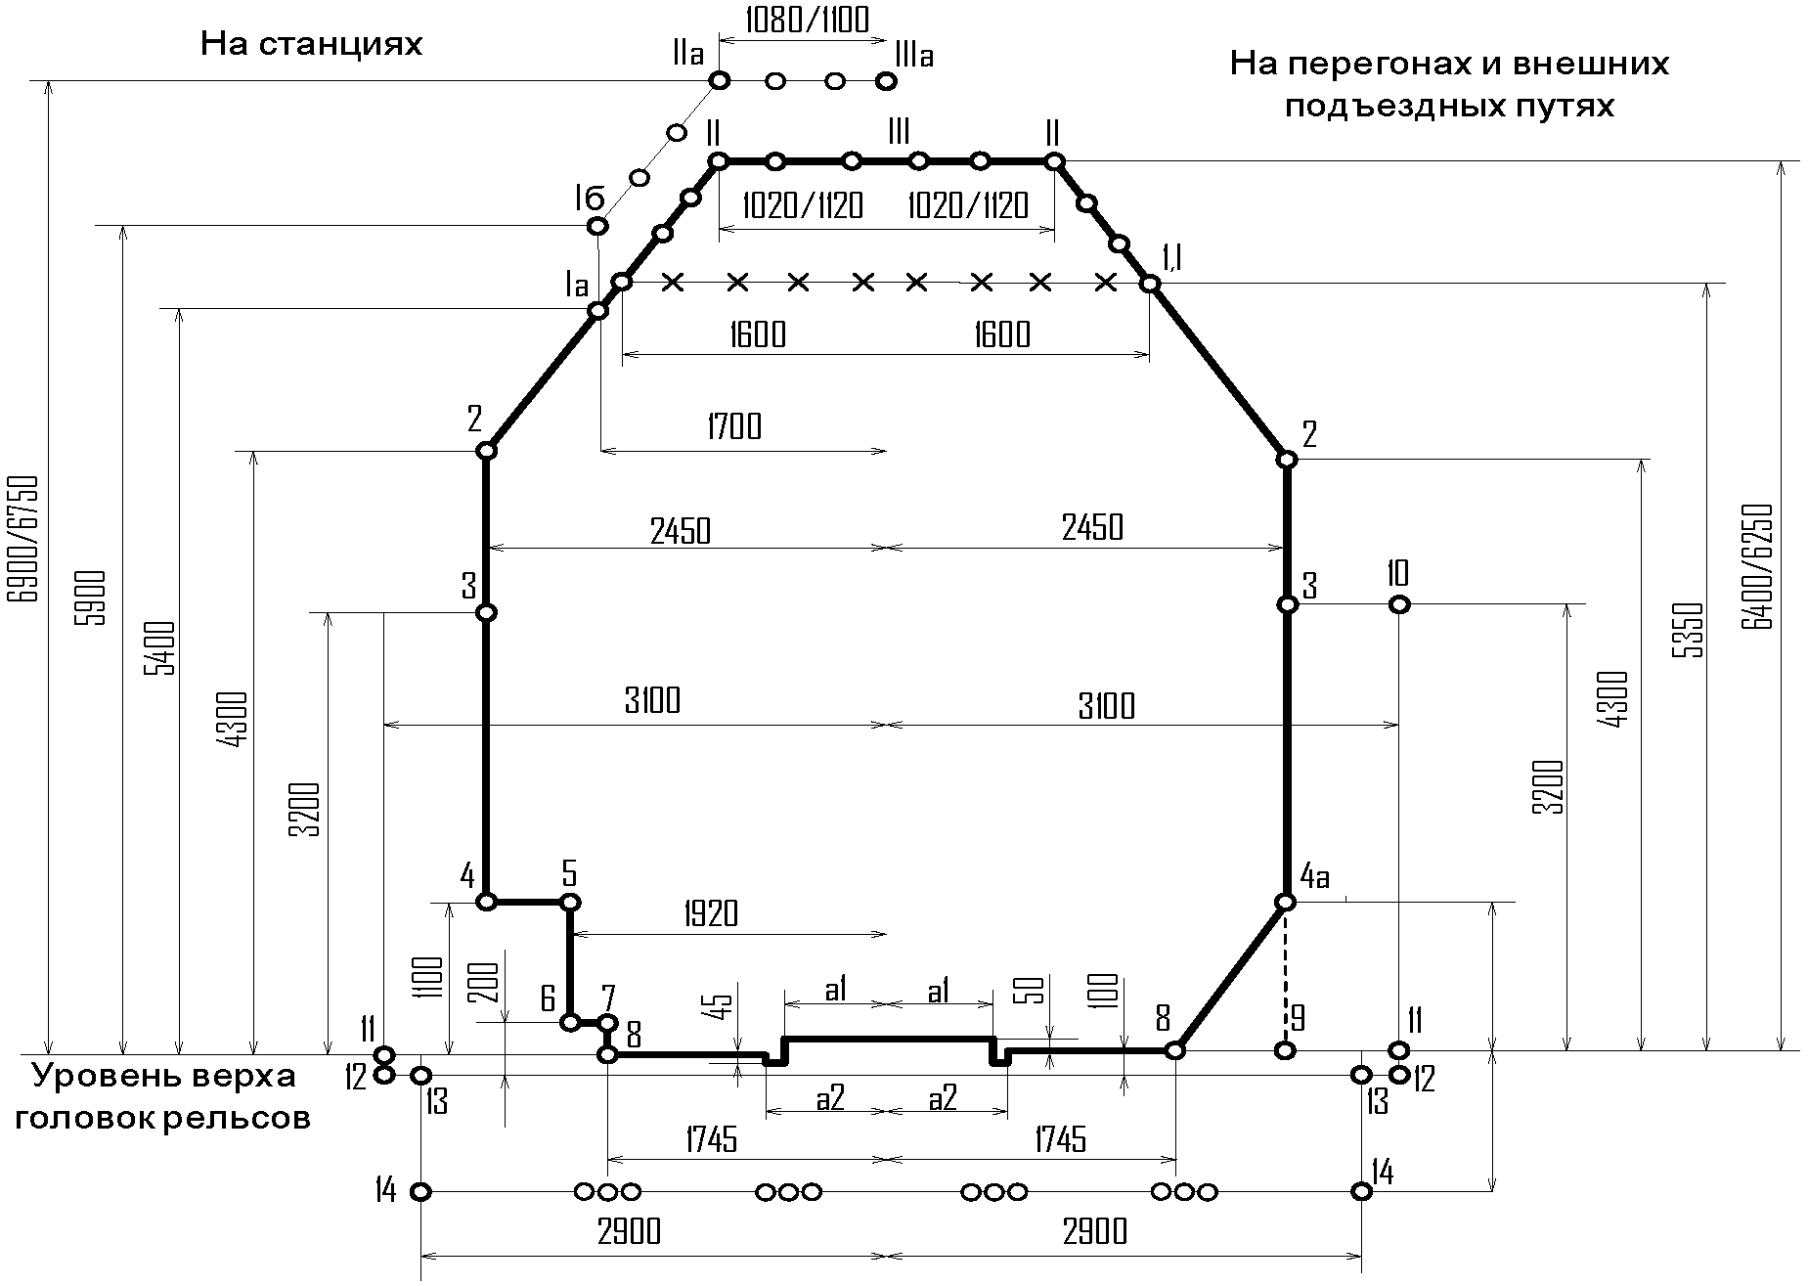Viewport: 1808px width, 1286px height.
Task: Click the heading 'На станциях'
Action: coord(311,45)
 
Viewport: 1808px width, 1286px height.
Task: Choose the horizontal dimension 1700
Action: coord(732,427)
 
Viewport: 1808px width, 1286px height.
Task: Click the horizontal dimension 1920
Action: coord(711,914)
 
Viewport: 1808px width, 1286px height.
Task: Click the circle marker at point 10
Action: coord(1399,604)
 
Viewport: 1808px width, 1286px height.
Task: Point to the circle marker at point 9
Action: coord(1286,1050)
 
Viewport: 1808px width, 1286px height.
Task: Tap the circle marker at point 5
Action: coord(570,902)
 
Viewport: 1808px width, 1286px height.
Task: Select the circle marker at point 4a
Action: coord(1287,902)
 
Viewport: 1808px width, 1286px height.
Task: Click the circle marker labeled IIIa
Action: coord(887,81)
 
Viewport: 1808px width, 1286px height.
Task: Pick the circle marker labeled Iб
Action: coord(596,227)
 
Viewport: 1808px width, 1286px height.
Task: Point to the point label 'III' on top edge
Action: coord(899,131)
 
